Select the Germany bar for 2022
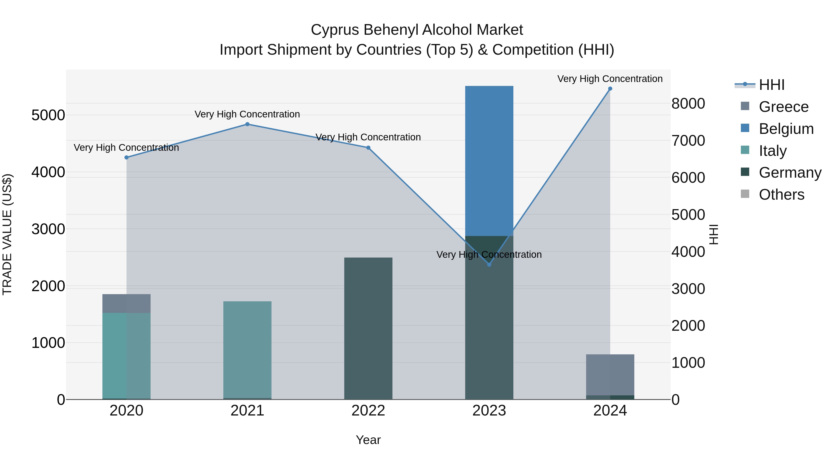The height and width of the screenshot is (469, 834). tap(368, 328)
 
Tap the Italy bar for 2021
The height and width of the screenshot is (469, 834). tap(247, 349)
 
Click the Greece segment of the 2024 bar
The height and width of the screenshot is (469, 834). tap(610, 375)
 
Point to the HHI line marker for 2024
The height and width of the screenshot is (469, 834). tap(610, 89)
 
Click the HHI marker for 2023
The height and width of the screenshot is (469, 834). tap(489, 264)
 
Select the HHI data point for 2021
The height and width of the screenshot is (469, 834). tap(247, 124)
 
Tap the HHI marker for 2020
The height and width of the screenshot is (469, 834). tap(126, 157)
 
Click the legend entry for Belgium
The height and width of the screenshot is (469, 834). tap(786, 129)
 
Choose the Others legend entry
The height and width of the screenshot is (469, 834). tap(781, 195)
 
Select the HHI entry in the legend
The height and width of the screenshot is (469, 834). tap(771, 85)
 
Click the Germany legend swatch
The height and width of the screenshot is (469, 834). tap(745, 172)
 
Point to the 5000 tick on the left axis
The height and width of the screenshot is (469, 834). tap(48, 115)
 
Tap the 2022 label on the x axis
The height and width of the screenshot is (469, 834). tap(368, 411)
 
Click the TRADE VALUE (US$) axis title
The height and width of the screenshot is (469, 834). tap(7, 234)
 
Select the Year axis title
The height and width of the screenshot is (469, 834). tap(368, 440)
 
